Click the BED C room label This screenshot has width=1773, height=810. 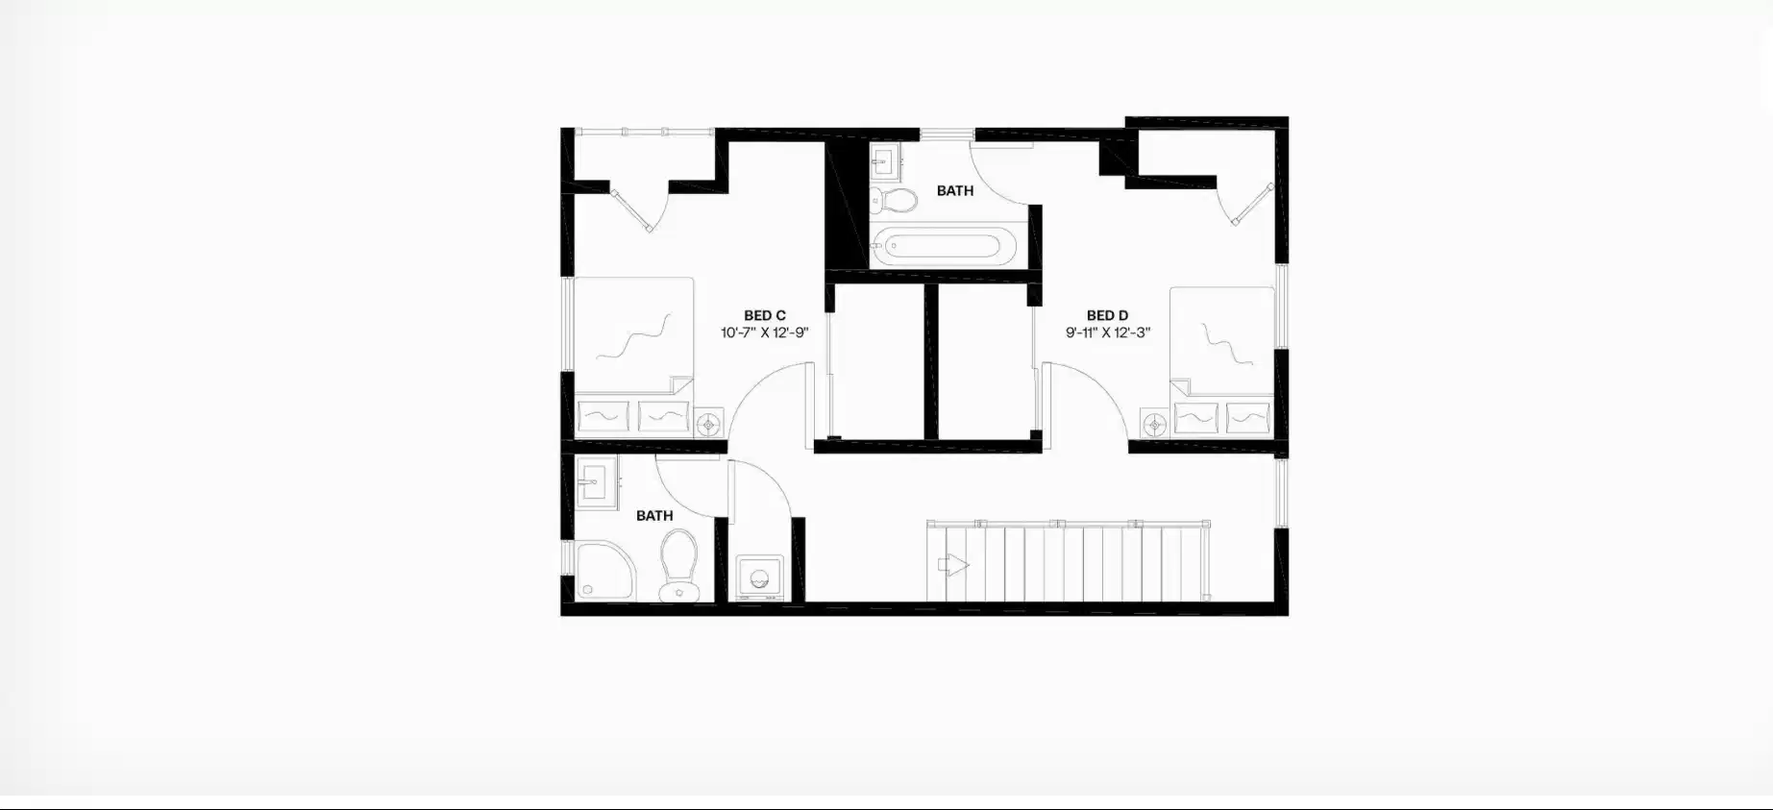[764, 315]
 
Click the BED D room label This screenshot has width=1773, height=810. [1107, 315]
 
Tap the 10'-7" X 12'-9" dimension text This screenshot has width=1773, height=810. [764, 333]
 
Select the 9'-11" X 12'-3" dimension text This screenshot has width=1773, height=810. [1107, 333]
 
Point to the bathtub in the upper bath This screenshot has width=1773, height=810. [948, 248]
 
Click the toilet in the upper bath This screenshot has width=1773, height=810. [893, 200]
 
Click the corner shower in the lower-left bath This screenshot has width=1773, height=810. [602, 571]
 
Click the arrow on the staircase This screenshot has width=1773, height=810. [952, 565]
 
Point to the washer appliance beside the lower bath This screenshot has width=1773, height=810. [759, 578]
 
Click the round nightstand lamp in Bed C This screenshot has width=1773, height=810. [709, 423]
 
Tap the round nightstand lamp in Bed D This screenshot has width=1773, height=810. [1154, 424]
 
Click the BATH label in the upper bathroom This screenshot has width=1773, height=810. [954, 191]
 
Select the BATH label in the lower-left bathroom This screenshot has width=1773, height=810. [654, 516]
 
